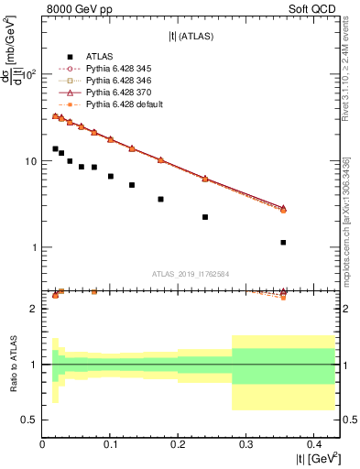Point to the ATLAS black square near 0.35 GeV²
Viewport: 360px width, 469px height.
283,243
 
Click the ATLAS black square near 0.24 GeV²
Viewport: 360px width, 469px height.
205,217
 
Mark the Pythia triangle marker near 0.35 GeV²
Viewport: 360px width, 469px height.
283,208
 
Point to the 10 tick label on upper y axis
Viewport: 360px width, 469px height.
30,161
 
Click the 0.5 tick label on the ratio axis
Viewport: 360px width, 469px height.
29,420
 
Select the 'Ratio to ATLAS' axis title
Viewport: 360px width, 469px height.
12,364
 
